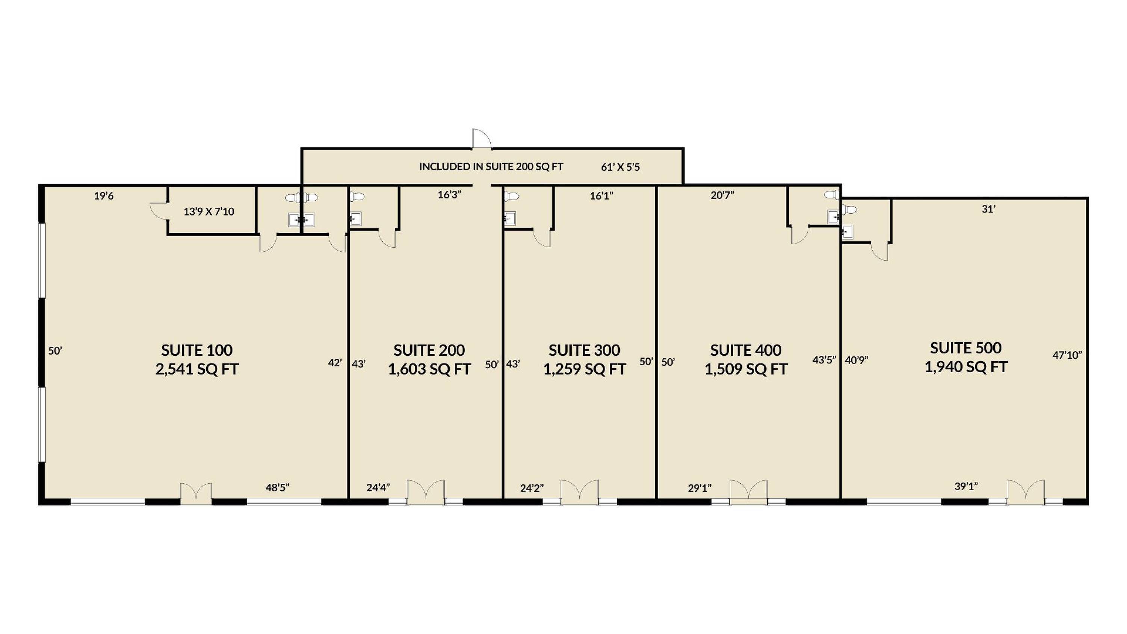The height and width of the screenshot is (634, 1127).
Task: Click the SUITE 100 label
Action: point(196,350)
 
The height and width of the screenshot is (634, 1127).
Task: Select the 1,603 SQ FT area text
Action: point(429,369)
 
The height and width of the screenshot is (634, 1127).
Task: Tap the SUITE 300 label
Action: point(584,350)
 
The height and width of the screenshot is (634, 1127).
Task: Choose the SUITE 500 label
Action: point(965,348)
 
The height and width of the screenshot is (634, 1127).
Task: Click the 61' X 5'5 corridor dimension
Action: point(620,167)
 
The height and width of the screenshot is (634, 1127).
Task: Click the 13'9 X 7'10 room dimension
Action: point(209,212)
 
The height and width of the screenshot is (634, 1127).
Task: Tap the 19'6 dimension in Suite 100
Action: point(104,196)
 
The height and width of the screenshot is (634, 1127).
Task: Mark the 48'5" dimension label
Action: point(277,488)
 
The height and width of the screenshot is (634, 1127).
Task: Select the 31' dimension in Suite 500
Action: point(988,209)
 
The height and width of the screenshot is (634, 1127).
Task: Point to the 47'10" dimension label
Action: point(1067,355)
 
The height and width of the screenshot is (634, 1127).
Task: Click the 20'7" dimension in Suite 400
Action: point(722,195)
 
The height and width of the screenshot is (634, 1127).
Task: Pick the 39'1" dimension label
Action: point(966,486)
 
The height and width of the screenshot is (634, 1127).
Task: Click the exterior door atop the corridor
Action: point(481,139)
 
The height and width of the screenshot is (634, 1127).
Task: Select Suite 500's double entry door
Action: point(1026,492)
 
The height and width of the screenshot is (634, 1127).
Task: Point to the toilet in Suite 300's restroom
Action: point(511,196)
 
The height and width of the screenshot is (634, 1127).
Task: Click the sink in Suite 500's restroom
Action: point(848,231)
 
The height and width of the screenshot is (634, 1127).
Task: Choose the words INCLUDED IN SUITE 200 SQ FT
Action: point(491,167)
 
